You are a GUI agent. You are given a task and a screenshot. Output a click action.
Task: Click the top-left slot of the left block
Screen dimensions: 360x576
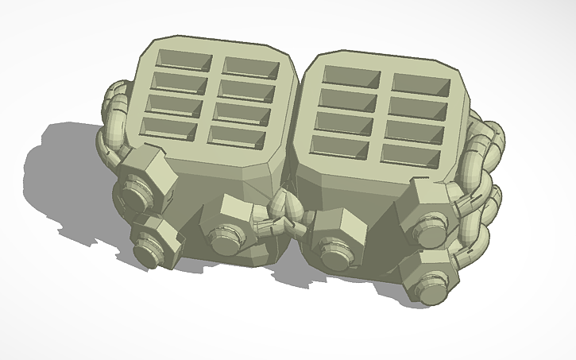tap(184, 60)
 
